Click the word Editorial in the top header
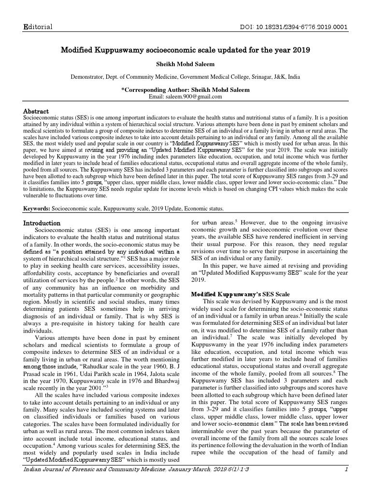(38, 26)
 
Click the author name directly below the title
(185, 64)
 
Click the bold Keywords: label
(40, 208)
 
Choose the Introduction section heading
(42, 223)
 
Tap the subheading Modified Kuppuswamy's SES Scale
(240, 294)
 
